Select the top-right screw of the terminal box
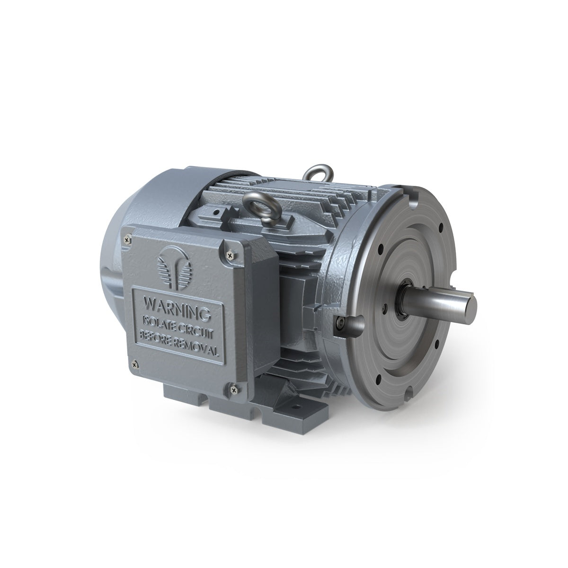(x=231, y=254)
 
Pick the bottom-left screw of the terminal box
(x=135, y=365)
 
